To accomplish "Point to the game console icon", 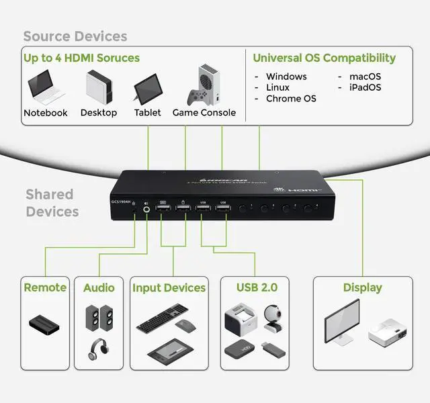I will click(204, 85).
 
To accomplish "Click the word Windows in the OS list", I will click(286, 77).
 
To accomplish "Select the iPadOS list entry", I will click(365, 87).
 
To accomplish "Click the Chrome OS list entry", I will click(291, 99).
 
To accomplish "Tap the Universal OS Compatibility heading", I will click(324, 58).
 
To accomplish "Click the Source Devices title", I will click(75, 36).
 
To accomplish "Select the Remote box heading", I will click(45, 287).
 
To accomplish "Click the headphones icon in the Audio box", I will click(99, 349).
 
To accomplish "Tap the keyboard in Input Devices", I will click(162, 318).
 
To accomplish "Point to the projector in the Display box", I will click(386, 334).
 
